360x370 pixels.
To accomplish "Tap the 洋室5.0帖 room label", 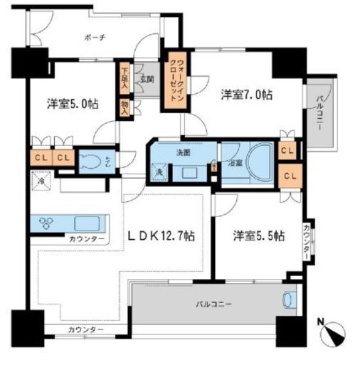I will pyautogui.click(x=73, y=102).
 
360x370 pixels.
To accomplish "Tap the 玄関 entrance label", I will pyautogui.click(x=145, y=79).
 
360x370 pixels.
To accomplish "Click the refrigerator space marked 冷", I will pyautogui.click(x=38, y=181).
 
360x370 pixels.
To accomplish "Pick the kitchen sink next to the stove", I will pyautogui.click(x=86, y=221).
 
